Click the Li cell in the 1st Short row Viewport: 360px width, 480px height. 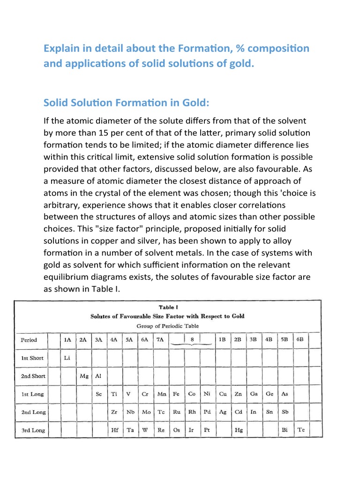(x=67, y=358)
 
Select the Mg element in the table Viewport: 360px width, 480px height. (x=84, y=376)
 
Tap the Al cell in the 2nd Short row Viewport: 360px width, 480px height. (x=98, y=376)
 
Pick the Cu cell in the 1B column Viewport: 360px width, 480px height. (x=223, y=394)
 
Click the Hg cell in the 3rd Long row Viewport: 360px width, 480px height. (x=239, y=430)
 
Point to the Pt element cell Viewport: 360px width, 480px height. (x=207, y=430)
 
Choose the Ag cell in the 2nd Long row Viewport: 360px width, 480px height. (x=223, y=412)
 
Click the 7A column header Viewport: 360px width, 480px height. (x=160, y=340)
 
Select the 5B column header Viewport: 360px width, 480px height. (x=285, y=340)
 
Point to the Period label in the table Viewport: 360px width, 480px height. (x=29, y=340)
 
